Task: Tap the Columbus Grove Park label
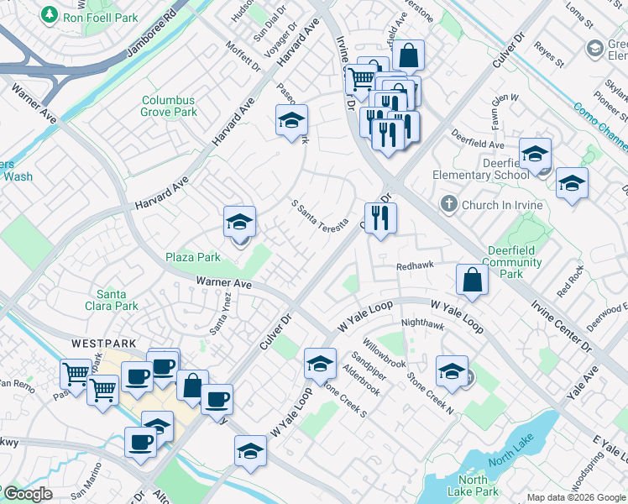pos(169,106)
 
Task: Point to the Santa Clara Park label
pos(117,300)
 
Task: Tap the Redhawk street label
pos(416,265)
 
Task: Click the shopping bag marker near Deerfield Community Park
pos(472,281)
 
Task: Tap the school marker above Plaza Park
pos(239,223)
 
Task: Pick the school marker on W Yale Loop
pos(319,364)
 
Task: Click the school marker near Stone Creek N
pos(452,372)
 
